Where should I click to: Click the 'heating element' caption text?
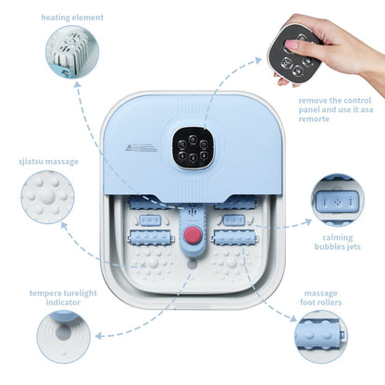coord(72,18)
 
